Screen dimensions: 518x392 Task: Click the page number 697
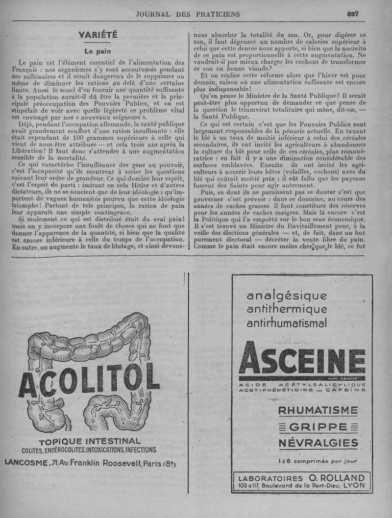(x=353, y=14)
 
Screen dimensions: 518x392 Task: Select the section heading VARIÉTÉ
(x=98, y=35)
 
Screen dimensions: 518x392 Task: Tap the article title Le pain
(x=98, y=51)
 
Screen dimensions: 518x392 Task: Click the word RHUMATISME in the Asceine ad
(x=318, y=410)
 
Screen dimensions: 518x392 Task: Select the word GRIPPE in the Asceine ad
(x=318, y=427)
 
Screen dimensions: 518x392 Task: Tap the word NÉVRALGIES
(x=318, y=444)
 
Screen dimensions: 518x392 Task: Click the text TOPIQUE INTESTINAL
(x=89, y=441)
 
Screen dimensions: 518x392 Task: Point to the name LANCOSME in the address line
(x=24, y=462)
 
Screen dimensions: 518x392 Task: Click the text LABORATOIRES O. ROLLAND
(x=301, y=478)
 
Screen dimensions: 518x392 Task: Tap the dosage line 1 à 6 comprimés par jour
(x=318, y=461)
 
